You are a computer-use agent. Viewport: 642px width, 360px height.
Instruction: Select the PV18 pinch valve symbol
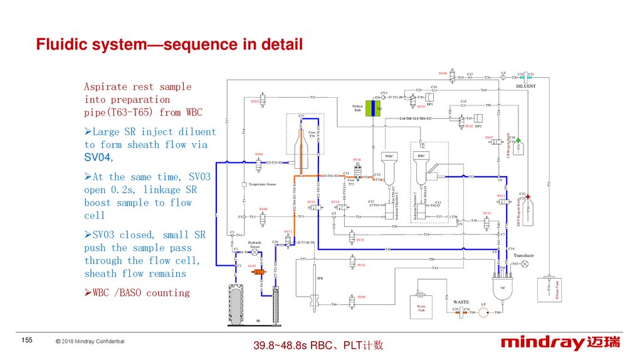(x=357, y=167)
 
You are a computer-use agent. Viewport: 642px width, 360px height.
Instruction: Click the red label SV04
(x=259, y=154)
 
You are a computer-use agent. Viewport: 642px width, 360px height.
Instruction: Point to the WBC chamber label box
(x=389, y=156)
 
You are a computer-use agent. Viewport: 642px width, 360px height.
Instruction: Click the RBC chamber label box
(x=421, y=156)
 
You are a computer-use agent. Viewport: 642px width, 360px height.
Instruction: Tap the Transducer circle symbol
(x=525, y=264)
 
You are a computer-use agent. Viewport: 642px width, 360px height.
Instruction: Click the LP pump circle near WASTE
(x=484, y=312)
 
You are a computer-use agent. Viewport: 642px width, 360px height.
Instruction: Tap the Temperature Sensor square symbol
(x=243, y=184)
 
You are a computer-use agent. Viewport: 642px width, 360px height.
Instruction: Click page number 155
(x=27, y=340)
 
